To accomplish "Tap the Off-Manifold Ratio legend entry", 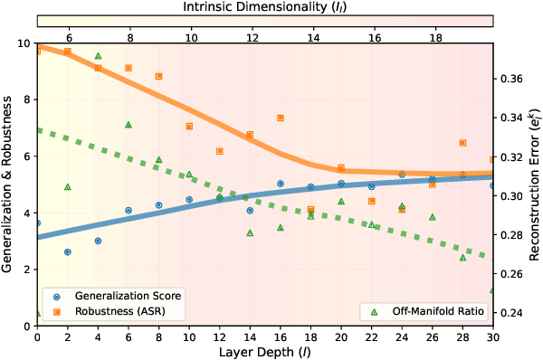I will [432, 312].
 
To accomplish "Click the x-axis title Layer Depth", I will [264, 351].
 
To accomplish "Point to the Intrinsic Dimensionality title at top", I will [264, 6].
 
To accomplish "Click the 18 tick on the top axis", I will [434, 40].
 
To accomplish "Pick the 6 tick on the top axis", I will [69, 40].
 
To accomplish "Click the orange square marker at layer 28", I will [462, 143].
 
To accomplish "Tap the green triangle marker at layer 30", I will [492, 290].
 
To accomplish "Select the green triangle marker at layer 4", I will [98, 56].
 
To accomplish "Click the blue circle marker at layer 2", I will [67, 252].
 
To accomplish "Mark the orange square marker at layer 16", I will [280, 118].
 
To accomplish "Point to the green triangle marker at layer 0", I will [37, 314].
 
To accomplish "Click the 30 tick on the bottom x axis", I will [492, 337].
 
